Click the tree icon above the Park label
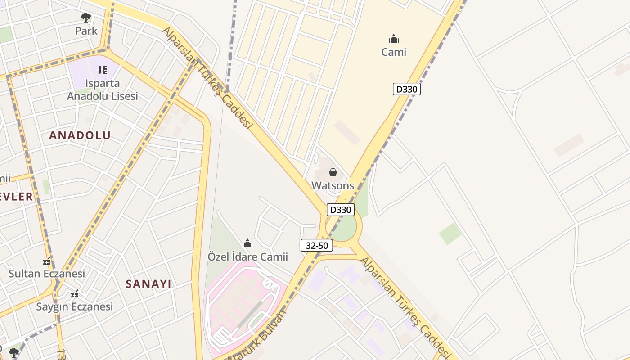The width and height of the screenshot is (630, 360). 86,18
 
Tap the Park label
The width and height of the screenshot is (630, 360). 86,31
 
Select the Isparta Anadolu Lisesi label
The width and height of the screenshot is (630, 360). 103,90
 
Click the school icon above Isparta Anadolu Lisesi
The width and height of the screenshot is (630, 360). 103,70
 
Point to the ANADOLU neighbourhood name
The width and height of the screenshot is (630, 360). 80,135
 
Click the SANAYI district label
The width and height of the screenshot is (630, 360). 148,284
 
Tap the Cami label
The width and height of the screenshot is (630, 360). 394,52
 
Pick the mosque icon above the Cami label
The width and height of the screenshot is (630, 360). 394,39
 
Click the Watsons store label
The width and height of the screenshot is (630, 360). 333,185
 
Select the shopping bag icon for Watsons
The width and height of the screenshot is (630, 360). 333,172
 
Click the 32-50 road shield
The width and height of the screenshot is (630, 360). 317,245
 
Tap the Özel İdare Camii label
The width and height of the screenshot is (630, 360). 247,257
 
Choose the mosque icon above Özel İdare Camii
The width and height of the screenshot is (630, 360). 247,244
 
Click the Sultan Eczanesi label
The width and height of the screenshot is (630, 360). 47,274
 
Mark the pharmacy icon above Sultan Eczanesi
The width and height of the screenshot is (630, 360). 47,261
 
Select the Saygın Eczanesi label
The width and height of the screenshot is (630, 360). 75,307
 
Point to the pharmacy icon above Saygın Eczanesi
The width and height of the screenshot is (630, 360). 75,294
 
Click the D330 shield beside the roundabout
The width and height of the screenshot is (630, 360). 340,210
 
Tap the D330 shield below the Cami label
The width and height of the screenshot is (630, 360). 406,89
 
